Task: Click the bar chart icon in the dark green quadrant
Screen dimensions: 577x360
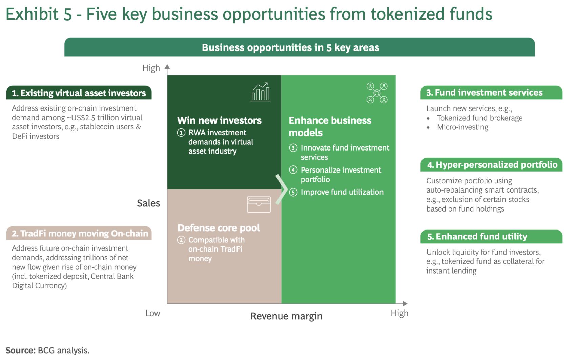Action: pos(261,92)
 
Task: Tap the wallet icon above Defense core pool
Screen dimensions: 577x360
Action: pos(259,204)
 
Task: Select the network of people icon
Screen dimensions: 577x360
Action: pos(377,93)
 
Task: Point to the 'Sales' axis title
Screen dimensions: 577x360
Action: pos(148,203)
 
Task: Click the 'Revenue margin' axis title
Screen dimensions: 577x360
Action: pos(286,316)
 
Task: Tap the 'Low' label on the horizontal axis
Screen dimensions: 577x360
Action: pos(153,313)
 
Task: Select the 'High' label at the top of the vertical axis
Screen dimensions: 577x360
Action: pos(151,68)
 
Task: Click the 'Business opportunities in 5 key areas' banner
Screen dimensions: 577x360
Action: pos(300,47)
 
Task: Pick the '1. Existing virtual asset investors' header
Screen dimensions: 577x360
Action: pos(79,93)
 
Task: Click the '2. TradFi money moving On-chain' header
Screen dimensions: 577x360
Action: pos(79,233)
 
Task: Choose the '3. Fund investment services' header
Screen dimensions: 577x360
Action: pos(492,93)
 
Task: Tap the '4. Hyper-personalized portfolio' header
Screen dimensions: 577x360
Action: pos(492,165)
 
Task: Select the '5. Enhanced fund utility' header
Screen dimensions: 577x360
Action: pos(492,237)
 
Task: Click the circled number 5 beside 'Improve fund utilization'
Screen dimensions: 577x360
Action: pos(293,192)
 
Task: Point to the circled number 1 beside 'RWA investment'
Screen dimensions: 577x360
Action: pos(181,133)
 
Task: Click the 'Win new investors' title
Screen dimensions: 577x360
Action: pos(219,120)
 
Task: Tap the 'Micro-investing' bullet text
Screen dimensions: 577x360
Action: pos(462,127)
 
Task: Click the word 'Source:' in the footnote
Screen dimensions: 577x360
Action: pos(21,351)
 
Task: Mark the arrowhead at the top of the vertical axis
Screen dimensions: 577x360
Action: pos(167,67)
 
